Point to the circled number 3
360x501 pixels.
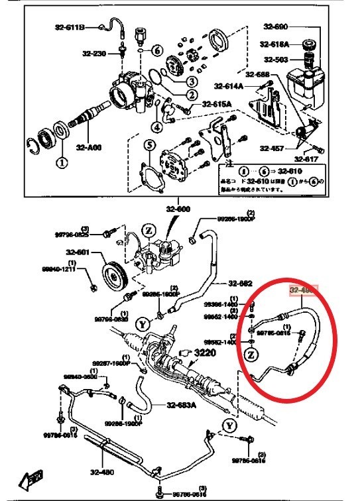(x=190, y=82)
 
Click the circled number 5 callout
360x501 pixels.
(x=150, y=145)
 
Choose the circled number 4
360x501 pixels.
(x=156, y=127)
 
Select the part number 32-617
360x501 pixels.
(x=307, y=159)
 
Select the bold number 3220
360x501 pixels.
(x=206, y=355)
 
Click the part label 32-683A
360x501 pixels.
(x=181, y=406)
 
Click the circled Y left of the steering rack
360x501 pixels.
(x=141, y=324)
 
